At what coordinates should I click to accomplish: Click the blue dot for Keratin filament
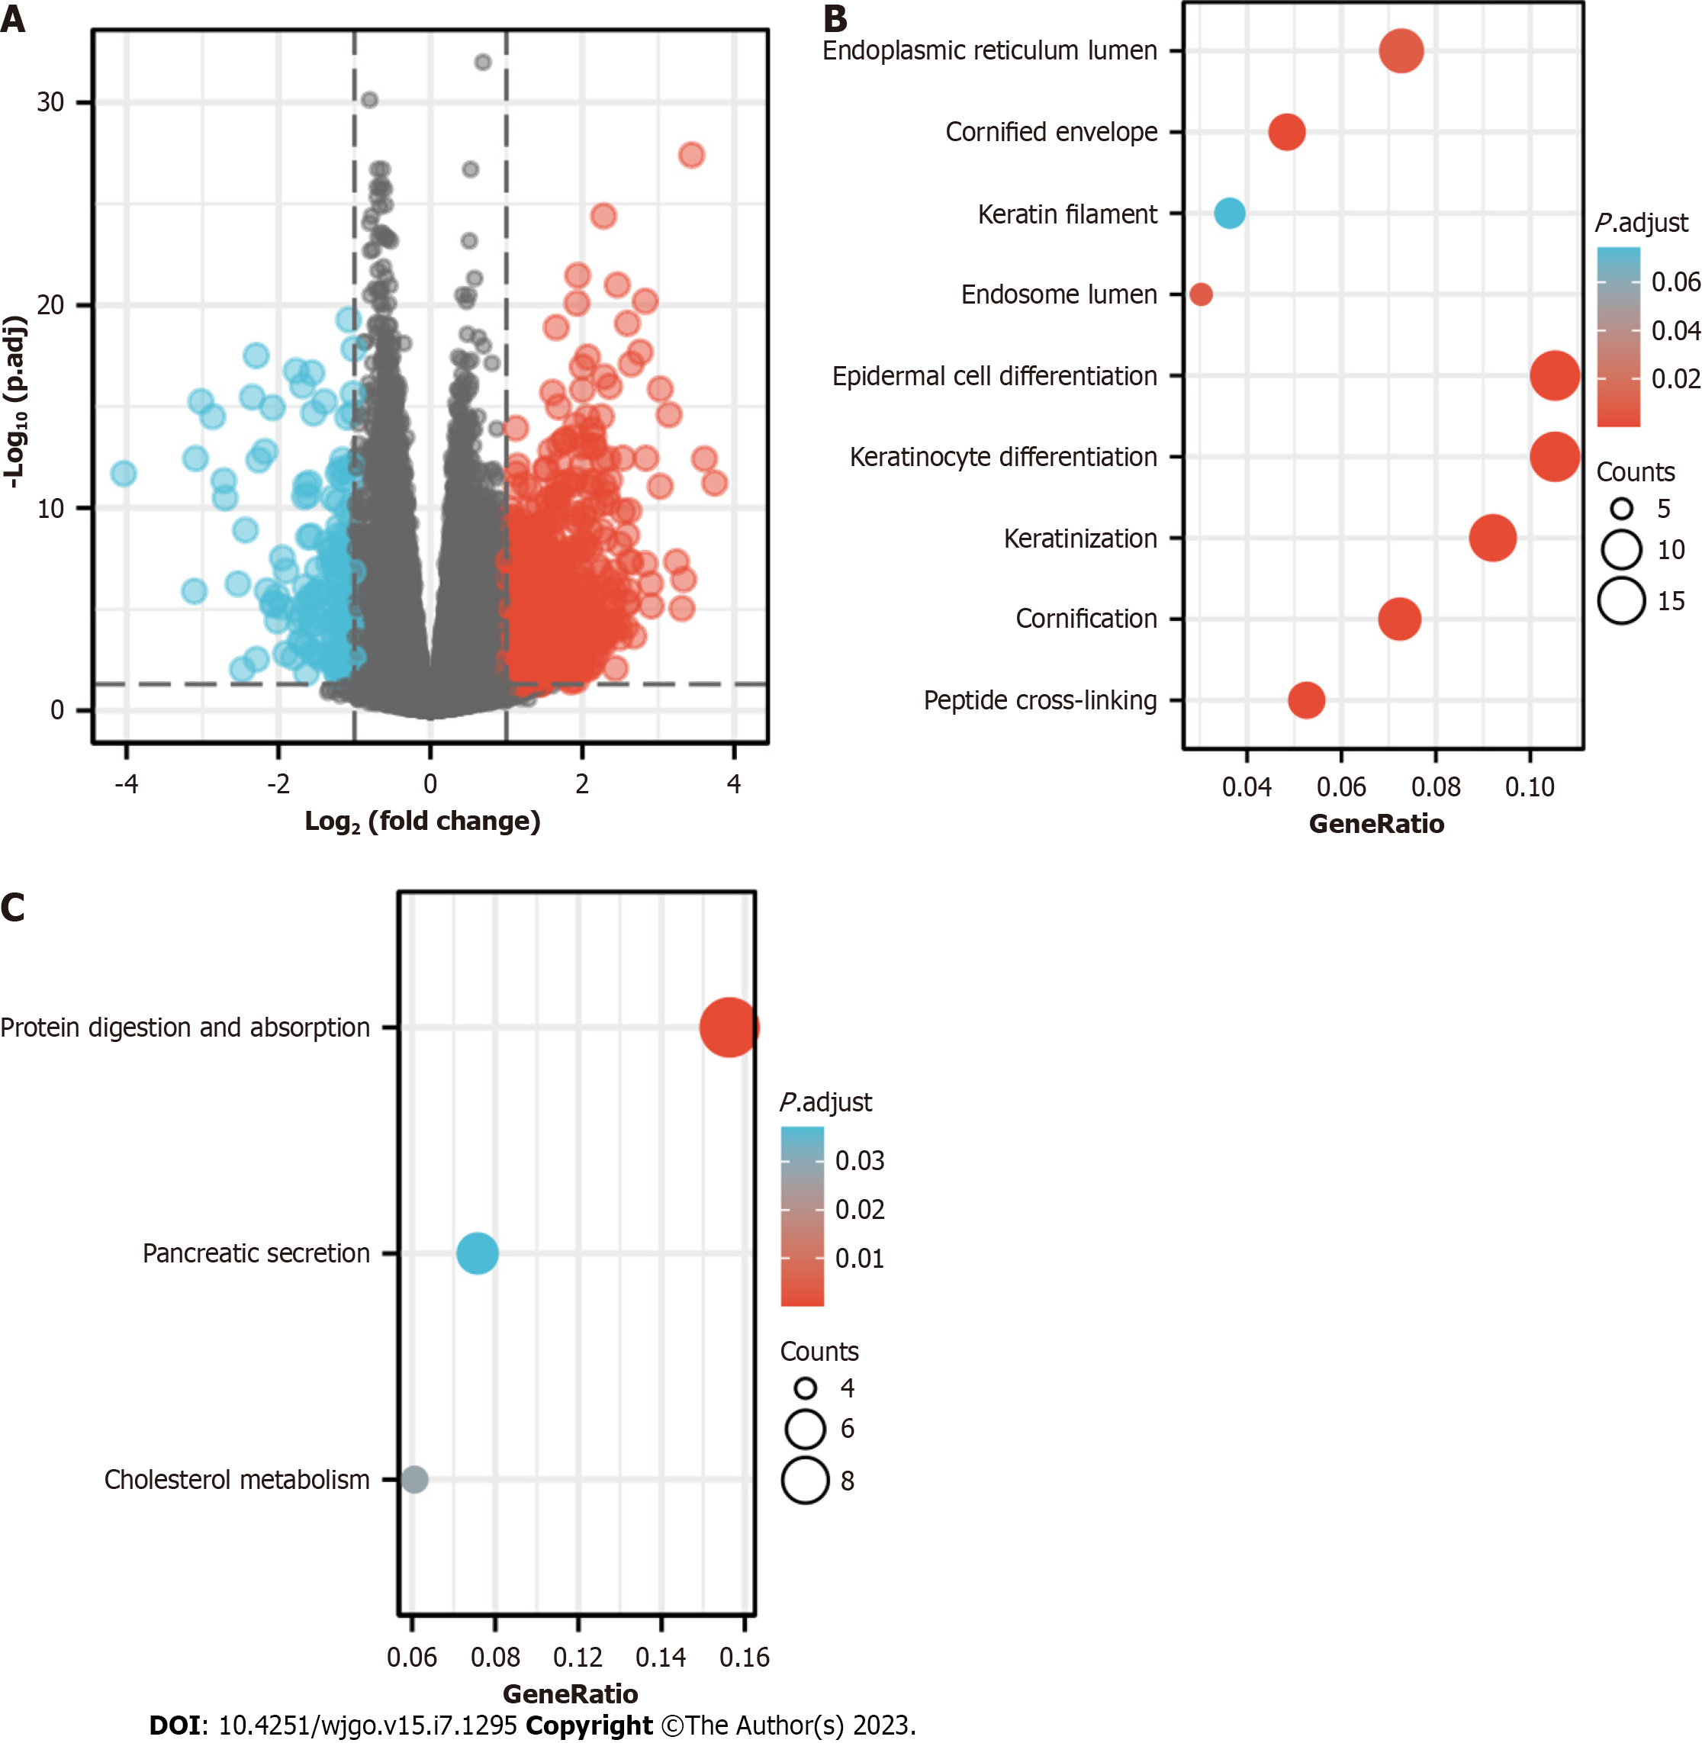[1229, 214]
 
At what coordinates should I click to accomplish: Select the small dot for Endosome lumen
[1201, 294]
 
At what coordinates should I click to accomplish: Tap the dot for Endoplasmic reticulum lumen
[1400, 51]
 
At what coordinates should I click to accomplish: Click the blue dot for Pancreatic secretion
[477, 1253]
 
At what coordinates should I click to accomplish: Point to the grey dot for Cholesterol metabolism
[414, 1478]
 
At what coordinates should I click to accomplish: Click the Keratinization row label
[1079, 538]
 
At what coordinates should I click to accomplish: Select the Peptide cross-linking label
[1040, 700]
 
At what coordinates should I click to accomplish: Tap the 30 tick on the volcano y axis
[51, 103]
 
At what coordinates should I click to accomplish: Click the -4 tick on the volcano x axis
[126, 784]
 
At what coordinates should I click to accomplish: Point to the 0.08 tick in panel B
[1435, 786]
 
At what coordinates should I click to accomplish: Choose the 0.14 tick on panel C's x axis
[660, 1658]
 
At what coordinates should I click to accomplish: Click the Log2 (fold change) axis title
[422, 821]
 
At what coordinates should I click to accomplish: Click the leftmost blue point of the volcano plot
[124, 473]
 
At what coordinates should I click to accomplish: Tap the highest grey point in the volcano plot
[482, 62]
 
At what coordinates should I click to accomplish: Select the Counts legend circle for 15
[1620, 600]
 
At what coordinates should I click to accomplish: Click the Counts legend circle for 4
[805, 1388]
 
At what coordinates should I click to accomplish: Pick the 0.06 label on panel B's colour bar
[1675, 282]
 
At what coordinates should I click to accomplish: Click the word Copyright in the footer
[588, 1724]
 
